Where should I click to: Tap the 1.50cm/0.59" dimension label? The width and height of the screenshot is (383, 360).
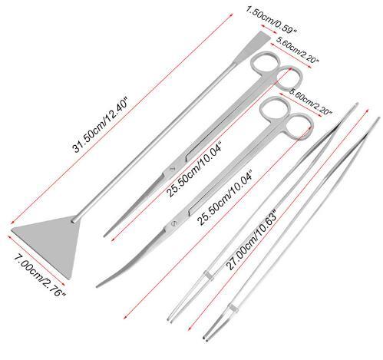pos(271,20)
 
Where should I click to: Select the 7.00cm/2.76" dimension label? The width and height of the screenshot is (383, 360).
pos(39,275)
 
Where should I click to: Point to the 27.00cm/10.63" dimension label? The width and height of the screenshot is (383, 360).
pos(251,240)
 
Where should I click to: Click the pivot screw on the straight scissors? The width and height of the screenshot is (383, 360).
pos(172,169)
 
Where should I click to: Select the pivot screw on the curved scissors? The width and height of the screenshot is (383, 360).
pos(173,223)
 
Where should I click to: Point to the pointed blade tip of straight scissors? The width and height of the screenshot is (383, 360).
pos(105,235)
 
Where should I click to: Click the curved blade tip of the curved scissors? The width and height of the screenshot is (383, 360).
pos(97,286)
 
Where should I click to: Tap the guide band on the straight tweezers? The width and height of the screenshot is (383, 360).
pos(209,276)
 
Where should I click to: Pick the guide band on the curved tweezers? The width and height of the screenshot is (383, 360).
pos(233,308)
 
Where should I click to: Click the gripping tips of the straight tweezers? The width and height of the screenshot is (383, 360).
pos(170,319)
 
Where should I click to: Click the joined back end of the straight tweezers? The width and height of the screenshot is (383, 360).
pos(356,104)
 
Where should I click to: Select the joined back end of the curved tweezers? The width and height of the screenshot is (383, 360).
pos(378,118)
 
